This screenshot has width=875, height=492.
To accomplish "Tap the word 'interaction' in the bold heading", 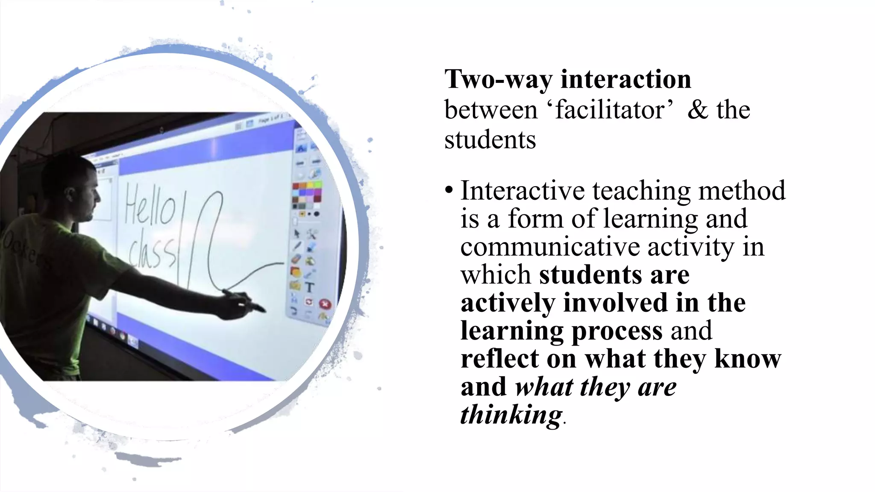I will coord(626,79).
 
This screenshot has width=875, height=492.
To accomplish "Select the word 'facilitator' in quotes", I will coord(611,110).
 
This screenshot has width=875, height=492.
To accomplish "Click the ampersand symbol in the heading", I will coord(698,110).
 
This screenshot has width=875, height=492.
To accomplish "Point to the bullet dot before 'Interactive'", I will coord(448,190).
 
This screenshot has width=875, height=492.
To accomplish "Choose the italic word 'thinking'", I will coord(511,414).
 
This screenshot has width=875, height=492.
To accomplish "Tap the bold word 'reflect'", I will coord(499,358).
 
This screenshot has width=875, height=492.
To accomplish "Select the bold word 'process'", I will coord(617,331).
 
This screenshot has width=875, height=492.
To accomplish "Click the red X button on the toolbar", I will coord(325,305).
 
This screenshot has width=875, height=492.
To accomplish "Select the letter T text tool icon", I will coord(310,287).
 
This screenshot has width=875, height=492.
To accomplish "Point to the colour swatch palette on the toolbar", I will coord(307,194).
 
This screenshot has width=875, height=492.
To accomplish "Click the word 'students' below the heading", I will coord(490,140).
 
